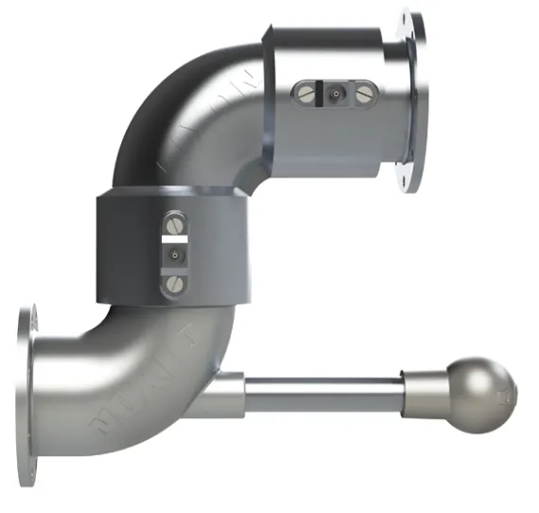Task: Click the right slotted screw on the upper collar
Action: [365, 94]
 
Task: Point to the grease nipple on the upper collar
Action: [335, 94]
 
